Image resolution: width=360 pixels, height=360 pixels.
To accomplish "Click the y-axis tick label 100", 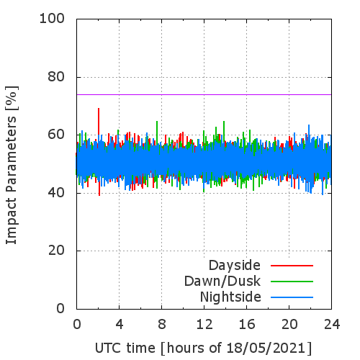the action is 52,19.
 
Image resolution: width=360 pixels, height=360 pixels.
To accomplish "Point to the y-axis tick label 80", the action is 56,77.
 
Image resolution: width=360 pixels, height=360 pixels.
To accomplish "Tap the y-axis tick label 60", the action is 56,135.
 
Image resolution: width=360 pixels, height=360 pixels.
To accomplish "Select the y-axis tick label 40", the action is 56,193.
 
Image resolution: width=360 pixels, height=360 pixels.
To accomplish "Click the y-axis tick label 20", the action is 56,251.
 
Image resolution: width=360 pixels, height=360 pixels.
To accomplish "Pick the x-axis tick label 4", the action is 120,325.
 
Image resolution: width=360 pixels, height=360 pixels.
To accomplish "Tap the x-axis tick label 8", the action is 162,325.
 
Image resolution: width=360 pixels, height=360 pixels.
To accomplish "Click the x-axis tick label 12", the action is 204,325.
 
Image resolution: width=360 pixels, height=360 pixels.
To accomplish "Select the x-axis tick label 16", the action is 247,325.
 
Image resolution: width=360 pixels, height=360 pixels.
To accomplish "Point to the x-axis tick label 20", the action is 289,325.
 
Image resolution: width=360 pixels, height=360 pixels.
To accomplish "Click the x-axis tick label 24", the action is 332,325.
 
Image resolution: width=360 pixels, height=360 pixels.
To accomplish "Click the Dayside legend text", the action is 235,266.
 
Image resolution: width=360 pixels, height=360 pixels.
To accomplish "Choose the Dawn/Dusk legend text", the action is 222,282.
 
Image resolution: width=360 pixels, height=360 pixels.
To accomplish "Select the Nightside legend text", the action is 230,297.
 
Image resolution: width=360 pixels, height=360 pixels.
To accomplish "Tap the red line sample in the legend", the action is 292,266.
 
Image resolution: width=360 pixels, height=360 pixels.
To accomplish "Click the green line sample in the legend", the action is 292,282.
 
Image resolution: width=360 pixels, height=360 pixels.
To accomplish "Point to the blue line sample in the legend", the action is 292,297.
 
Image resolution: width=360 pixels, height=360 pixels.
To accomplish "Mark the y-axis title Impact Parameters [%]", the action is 12,165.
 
